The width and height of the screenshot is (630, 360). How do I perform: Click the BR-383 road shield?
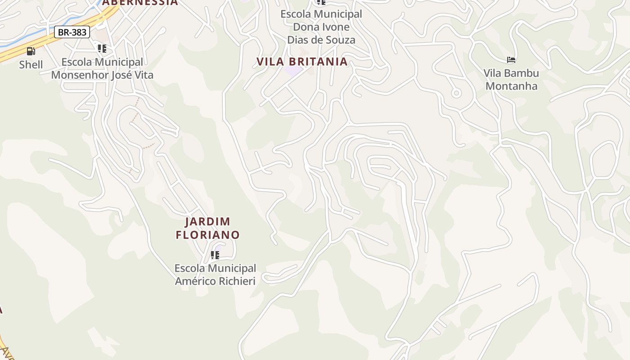72,32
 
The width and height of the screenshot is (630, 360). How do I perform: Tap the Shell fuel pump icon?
31,51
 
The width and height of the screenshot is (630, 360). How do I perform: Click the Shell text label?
31,65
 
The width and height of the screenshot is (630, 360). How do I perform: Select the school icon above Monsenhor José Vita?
102,49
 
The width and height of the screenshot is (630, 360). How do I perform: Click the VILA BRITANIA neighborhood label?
302,62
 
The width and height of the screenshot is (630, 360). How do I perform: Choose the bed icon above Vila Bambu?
511,60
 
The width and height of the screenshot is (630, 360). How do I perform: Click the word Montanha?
511,86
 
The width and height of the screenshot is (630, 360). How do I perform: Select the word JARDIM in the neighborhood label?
208,222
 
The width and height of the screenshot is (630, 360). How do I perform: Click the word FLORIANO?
207,235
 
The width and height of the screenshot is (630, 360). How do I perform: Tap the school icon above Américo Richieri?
215,256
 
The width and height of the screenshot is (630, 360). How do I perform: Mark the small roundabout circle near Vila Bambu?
456,93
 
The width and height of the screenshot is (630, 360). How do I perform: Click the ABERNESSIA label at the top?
140,3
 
